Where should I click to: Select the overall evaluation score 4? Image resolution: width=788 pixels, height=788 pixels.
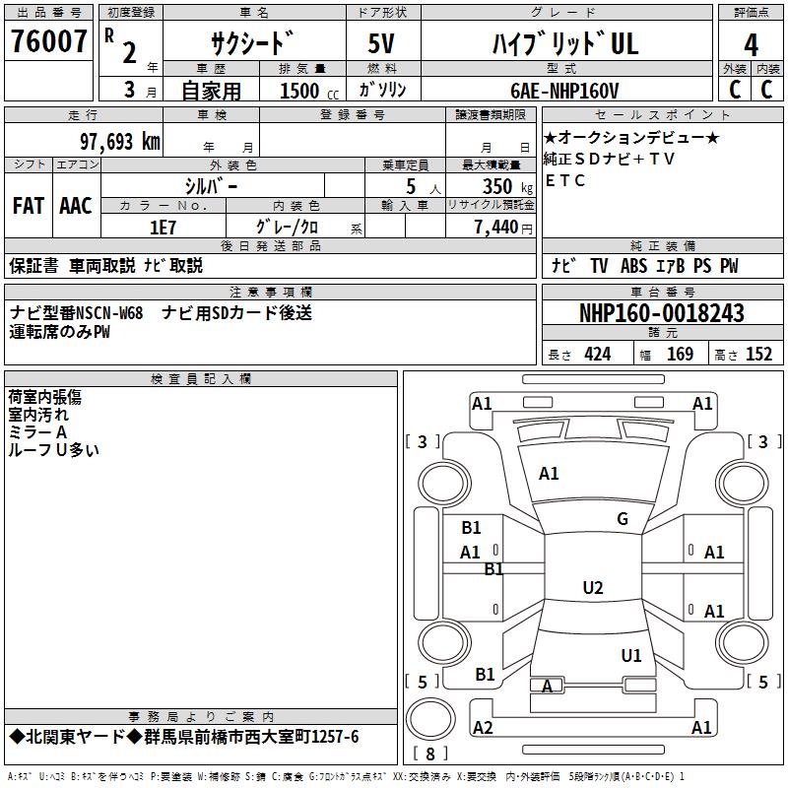752,45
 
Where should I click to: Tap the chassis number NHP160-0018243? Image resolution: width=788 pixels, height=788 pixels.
662,313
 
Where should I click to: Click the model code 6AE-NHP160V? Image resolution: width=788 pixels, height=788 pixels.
564,91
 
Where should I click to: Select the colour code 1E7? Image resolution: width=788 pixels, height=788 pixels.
163,227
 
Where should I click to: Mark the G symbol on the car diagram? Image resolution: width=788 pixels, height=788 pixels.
623,519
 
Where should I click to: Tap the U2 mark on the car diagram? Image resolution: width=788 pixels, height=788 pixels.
593,588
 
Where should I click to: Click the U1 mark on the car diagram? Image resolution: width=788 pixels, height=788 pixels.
631,655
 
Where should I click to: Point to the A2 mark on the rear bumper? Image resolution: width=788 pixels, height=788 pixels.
483,727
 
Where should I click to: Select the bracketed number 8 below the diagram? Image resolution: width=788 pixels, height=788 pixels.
429,754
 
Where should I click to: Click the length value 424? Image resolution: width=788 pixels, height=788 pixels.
597,355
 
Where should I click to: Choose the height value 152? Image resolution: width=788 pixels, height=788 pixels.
758,355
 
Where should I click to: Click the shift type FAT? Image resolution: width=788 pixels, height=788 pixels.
29,206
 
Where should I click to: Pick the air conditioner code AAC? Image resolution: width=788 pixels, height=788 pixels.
76,206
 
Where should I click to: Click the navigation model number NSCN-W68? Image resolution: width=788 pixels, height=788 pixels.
109,313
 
